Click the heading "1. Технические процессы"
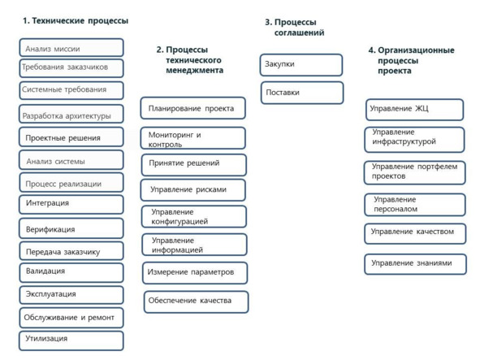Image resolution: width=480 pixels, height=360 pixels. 76,21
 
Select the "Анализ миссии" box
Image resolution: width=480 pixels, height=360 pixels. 71,47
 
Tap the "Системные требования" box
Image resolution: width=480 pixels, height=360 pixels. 71,90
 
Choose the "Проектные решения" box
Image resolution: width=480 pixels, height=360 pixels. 71,137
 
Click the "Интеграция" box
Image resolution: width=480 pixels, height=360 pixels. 71,205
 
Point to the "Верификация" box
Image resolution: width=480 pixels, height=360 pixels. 71,228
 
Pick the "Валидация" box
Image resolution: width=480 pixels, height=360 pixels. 71,273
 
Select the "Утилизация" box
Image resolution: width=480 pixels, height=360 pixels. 71,340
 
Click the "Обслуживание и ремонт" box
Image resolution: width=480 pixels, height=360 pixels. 71,318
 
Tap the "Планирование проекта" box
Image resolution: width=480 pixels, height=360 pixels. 192,108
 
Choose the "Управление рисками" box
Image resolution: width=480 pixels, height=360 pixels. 192,190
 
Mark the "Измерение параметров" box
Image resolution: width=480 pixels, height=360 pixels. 195,273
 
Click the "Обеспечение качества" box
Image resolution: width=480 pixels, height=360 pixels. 197,301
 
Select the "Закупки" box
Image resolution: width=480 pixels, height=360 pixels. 301,65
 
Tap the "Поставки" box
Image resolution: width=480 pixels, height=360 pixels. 302,93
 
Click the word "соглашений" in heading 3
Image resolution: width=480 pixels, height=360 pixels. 299,33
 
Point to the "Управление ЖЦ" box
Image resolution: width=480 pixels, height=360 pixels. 414,110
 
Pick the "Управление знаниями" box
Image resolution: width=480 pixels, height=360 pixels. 415,264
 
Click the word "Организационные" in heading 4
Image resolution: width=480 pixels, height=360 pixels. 416,50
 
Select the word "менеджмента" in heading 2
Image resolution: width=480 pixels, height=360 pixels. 194,70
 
